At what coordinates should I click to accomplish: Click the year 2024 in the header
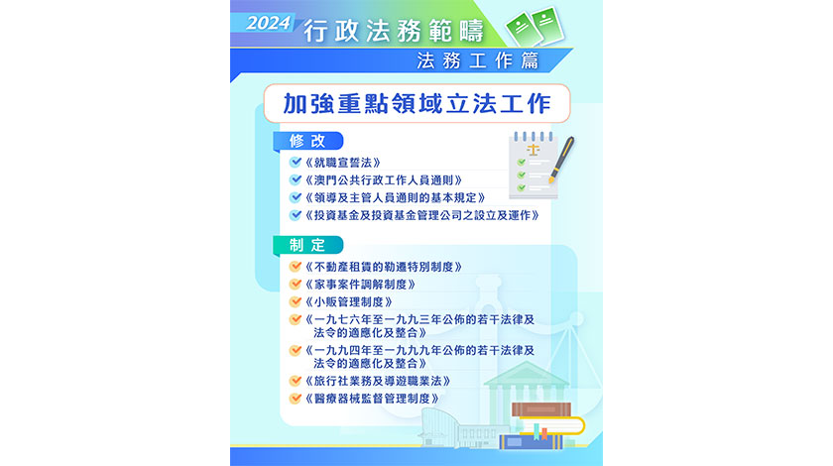tap(269, 23)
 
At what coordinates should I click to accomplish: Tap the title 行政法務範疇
tap(394, 31)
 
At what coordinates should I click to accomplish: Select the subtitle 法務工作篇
tap(478, 60)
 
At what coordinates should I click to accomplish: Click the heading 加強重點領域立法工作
tap(417, 103)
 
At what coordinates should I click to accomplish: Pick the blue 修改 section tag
tap(308, 141)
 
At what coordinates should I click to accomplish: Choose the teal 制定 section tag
tap(308, 245)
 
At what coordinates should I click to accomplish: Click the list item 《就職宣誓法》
tap(343, 163)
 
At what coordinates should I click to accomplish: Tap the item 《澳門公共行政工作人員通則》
tap(384, 180)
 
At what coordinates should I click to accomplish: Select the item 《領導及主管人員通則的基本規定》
tap(396, 197)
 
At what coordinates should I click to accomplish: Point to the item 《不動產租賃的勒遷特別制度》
tap(384, 267)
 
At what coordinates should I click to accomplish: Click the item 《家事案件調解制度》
tap(360, 285)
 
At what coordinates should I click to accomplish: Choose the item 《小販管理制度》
tap(348, 301)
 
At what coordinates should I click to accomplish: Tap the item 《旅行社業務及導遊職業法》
tap(378, 381)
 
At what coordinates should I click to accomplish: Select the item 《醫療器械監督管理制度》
tap(372, 399)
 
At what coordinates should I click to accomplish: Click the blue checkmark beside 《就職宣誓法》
tap(296, 162)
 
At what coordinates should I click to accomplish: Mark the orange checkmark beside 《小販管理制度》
tap(296, 301)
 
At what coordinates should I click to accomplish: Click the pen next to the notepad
tap(562, 160)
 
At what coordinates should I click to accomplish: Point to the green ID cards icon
tap(535, 26)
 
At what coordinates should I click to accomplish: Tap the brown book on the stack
tap(541, 409)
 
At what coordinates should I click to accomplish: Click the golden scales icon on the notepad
tap(533, 150)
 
